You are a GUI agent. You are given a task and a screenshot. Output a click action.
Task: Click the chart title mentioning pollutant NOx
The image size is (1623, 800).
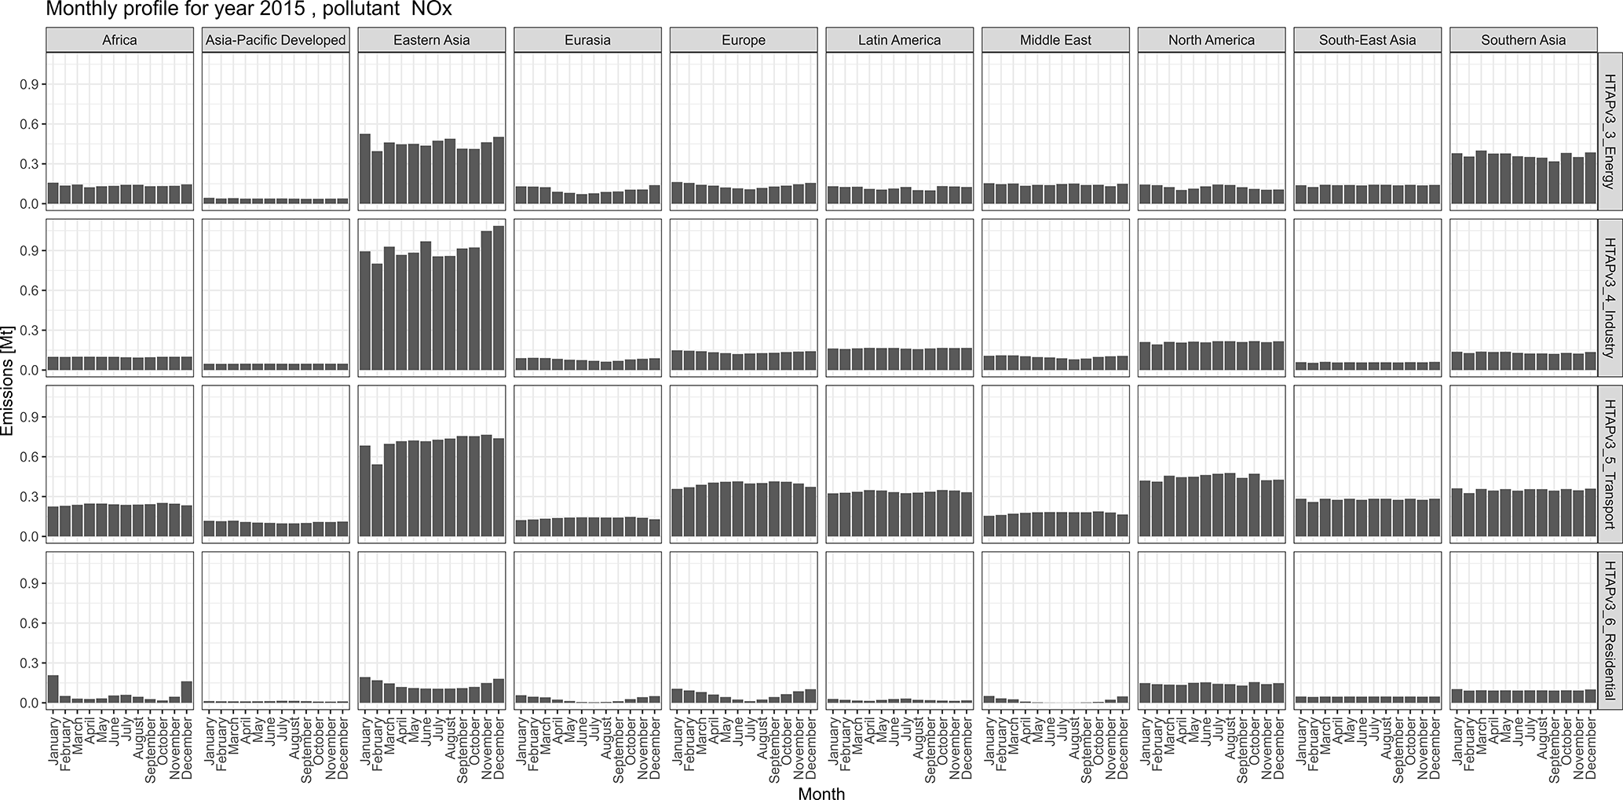pyautogui.click(x=249, y=9)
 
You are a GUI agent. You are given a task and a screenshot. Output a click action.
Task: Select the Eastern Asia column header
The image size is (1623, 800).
pyautogui.click(x=431, y=40)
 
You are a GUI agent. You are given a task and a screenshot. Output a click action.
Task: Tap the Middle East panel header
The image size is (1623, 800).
pyautogui.click(x=1055, y=40)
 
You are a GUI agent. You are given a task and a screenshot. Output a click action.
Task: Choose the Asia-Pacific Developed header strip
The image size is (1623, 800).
pyautogui.click(x=276, y=40)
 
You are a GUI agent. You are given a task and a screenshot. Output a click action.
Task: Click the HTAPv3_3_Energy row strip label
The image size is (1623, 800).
pyautogui.click(x=1610, y=131)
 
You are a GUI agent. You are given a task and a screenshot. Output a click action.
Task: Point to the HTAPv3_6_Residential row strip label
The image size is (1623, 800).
pyautogui.click(x=1610, y=630)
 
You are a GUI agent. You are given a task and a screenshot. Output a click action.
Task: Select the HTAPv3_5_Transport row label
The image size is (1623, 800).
pyautogui.click(x=1610, y=463)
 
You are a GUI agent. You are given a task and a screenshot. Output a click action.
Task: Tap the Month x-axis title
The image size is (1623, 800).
pyautogui.click(x=821, y=794)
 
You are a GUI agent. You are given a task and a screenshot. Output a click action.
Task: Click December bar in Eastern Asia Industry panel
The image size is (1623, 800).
pyautogui.click(x=499, y=298)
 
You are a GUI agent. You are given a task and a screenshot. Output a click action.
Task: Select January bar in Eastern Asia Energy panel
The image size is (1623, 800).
pyautogui.click(x=365, y=169)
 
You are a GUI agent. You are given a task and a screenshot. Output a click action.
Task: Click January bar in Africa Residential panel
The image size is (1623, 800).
pyautogui.click(x=53, y=689)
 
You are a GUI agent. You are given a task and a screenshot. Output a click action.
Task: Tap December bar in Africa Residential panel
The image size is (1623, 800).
pyautogui.click(x=187, y=692)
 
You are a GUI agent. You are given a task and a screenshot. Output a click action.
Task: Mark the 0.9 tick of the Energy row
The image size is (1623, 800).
pyautogui.click(x=35, y=84)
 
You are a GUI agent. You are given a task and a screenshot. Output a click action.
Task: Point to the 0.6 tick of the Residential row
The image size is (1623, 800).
pyautogui.click(x=35, y=623)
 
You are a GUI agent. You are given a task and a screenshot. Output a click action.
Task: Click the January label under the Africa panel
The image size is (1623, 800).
pyautogui.click(x=53, y=737)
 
